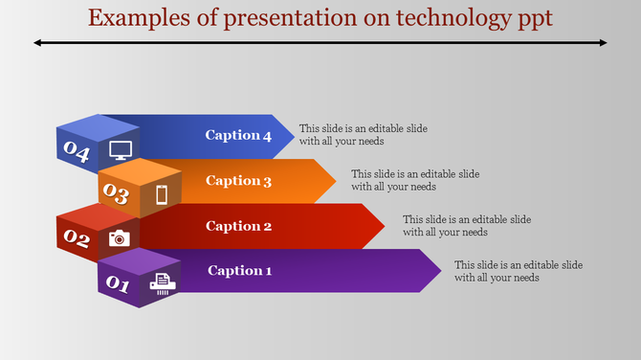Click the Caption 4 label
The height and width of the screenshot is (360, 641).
pos(238,135)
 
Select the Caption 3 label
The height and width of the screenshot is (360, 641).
pos(238,181)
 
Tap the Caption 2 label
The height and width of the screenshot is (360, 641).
pos(238,227)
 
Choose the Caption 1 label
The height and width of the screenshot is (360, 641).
pos(239,271)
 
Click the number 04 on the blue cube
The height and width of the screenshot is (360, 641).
pos(77,150)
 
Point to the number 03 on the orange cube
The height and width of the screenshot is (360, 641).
pos(117,194)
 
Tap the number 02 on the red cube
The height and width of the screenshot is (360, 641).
pos(77,239)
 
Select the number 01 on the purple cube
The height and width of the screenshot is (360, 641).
pos(118,284)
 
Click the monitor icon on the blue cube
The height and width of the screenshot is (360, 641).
pos(121,149)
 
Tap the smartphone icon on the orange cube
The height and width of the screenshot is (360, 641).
pos(162,195)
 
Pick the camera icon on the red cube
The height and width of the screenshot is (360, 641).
pos(120,238)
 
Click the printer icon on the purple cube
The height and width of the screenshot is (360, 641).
pos(162,282)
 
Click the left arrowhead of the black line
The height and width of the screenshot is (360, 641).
pos(37,42)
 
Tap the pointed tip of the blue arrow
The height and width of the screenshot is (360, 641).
pos(293,135)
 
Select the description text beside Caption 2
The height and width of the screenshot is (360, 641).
pos(466,226)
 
